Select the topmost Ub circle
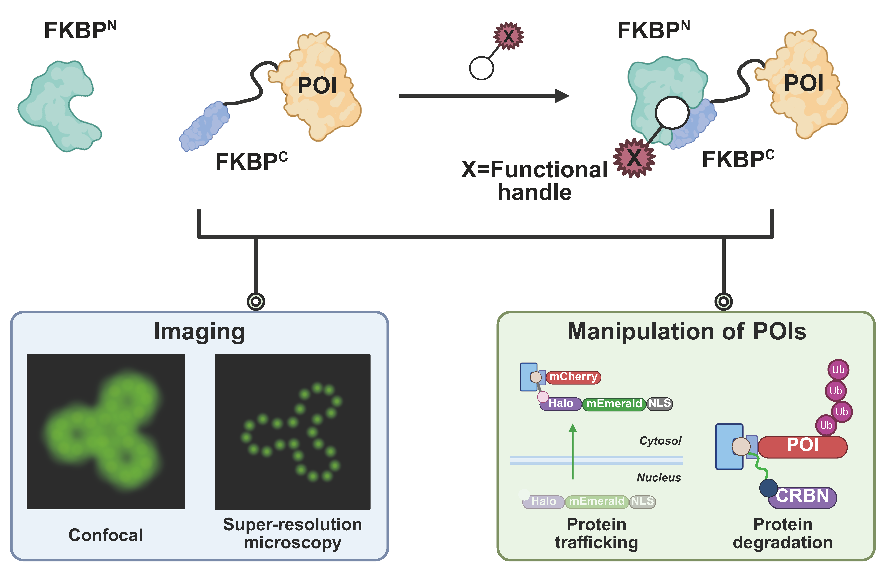point(838,370)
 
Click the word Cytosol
point(660,441)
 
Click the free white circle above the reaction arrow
point(481,68)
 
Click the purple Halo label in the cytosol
point(560,403)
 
